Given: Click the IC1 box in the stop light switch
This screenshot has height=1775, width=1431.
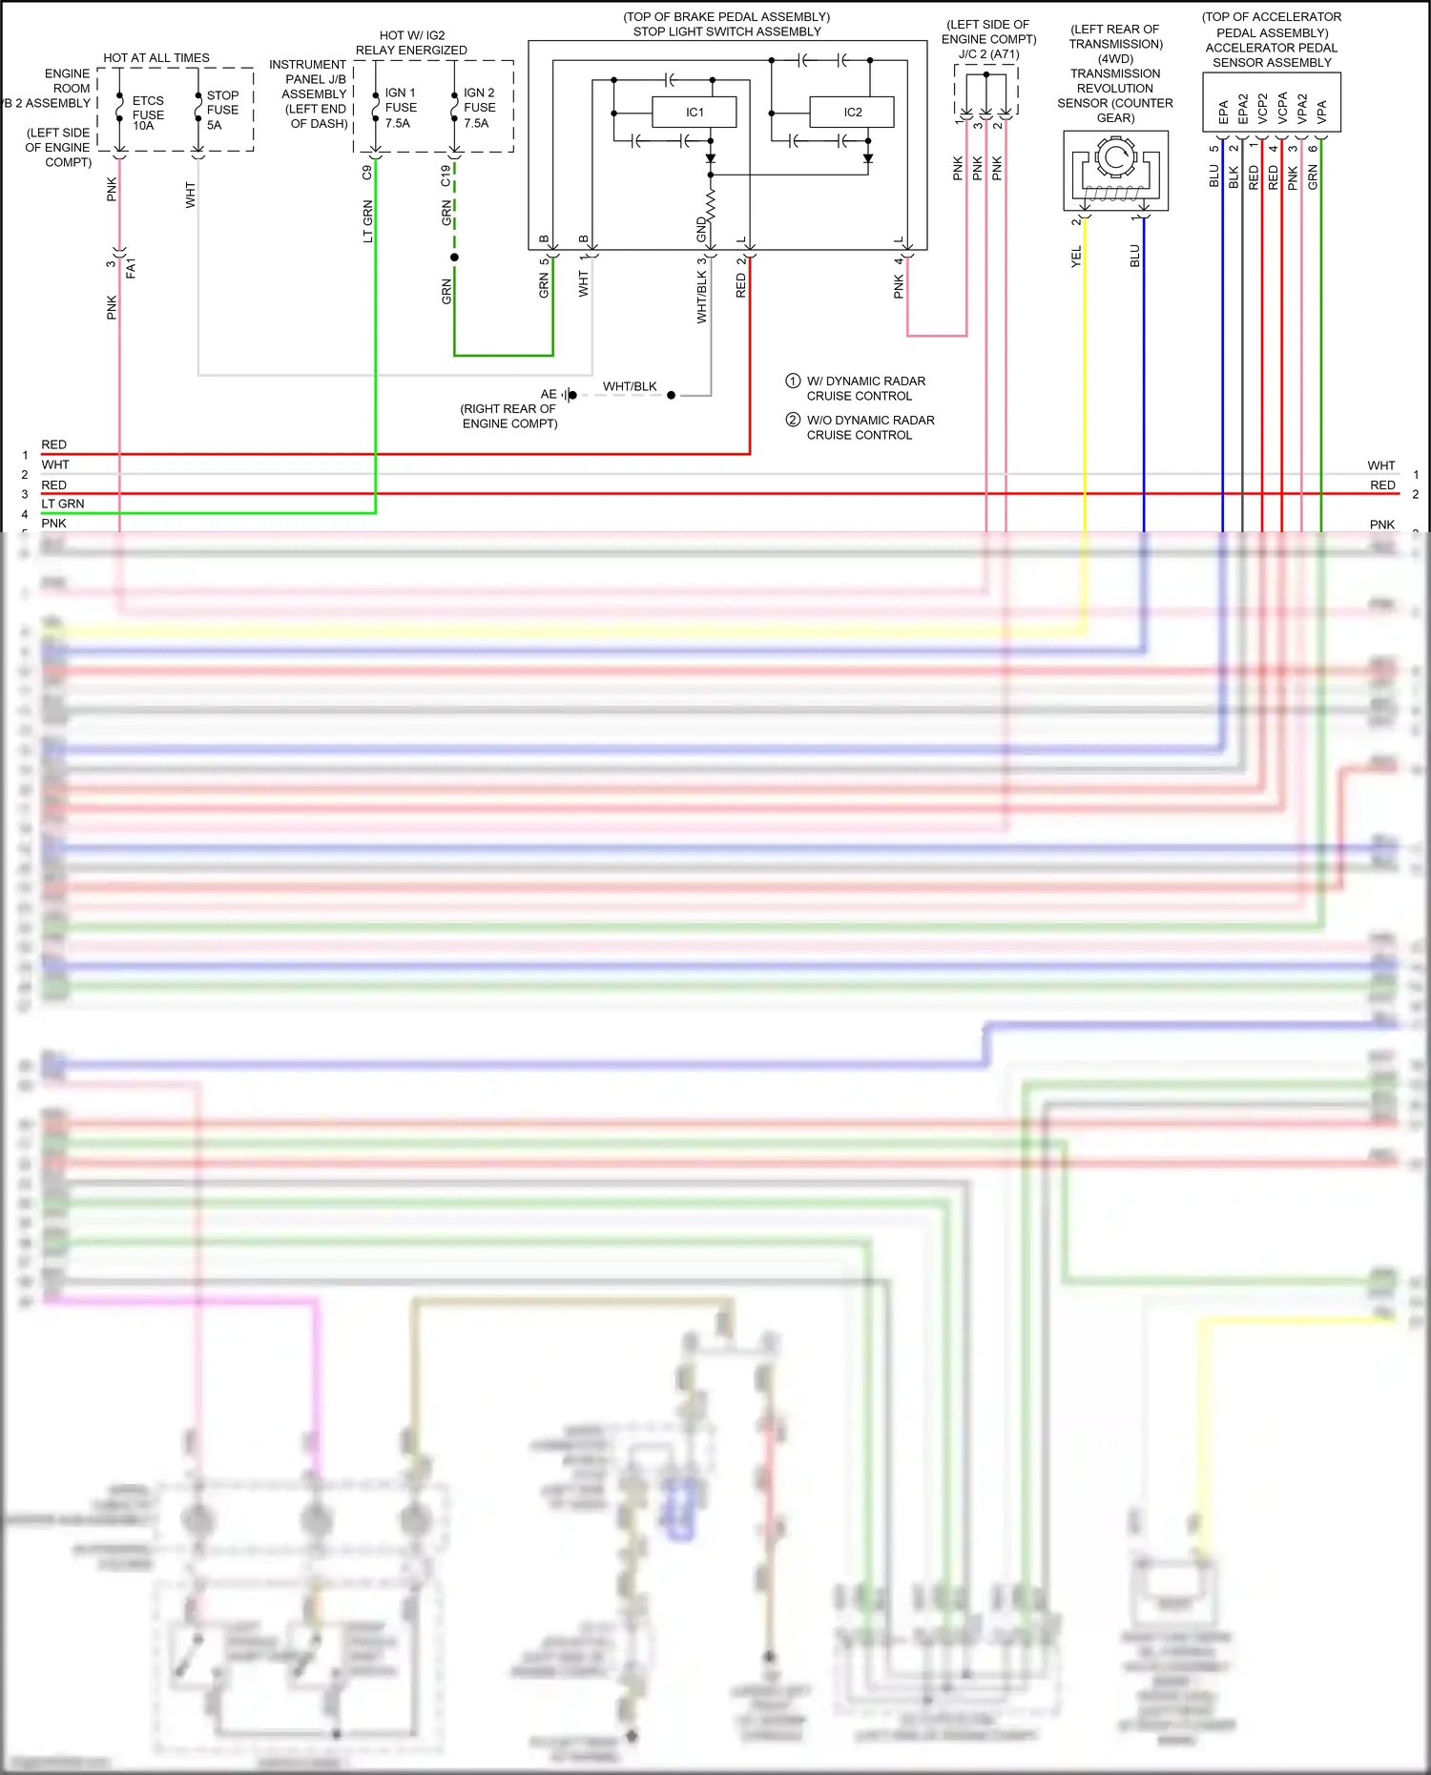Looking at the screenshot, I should [x=694, y=113].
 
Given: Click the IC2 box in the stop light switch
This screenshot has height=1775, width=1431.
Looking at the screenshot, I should [x=852, y=113].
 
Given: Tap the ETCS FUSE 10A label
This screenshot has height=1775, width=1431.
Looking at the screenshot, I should [x=148, y=113].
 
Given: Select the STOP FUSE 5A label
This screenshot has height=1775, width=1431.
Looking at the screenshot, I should [x=222, y=110].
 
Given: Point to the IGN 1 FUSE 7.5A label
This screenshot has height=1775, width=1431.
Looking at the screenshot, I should [x=400, y=108].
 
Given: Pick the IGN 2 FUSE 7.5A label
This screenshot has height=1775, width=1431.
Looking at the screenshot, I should [x=478, y=108].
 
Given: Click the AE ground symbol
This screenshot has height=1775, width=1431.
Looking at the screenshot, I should [x=570, y=395].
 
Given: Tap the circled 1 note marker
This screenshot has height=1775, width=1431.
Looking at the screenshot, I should [x=793, y=381].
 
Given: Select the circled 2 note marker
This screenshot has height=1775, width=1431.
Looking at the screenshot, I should [x=793, y=420].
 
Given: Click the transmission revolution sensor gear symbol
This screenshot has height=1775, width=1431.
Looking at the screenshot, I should [x=1114, y=157].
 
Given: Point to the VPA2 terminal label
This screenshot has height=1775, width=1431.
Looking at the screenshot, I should [x=1301, y=109].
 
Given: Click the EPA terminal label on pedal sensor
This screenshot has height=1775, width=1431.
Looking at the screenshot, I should [x=1223, y=113].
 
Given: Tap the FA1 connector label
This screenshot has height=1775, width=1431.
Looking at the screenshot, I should [x=132, y=267].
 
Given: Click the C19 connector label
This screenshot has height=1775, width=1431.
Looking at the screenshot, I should [x=446, y=175].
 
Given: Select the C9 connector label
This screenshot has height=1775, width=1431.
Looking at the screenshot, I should [x=367, y=173].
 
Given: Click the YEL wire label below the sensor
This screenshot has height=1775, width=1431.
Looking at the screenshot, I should [x=1076, y=256].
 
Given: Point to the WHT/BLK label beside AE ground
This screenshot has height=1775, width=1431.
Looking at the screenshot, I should [x=630, y=386].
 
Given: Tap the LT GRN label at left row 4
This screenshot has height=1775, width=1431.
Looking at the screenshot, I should [x=63, y=504].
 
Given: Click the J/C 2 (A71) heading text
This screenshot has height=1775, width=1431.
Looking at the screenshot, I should [x=988, y=54].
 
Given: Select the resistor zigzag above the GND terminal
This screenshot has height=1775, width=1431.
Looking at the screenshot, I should [x=711, y=202].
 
